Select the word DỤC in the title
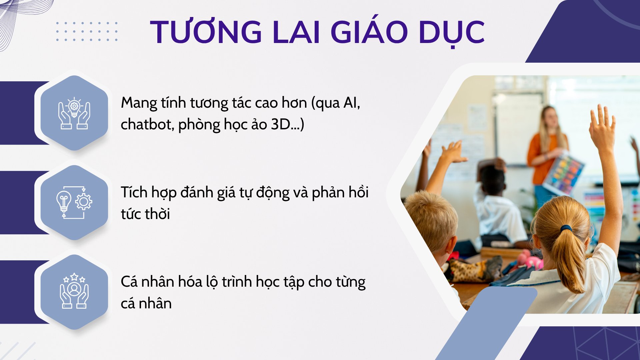click(451, 33)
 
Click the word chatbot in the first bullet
click(147, 124)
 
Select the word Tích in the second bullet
click(134, 192)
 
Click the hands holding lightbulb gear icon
click(74, 113)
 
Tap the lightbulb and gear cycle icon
click(74, 202)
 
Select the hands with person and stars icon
click(74, 291)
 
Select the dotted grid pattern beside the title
click(87, 32)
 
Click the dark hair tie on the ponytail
click(566, 229)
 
